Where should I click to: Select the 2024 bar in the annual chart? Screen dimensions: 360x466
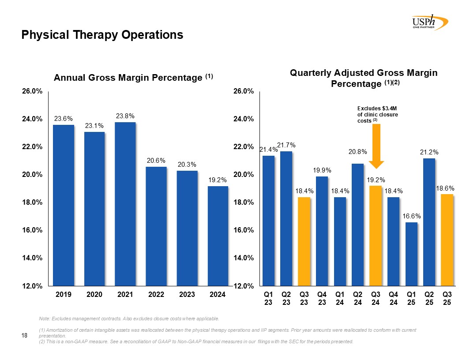218,236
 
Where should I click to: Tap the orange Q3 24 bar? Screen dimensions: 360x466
376,236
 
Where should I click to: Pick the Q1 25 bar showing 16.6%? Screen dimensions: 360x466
411,254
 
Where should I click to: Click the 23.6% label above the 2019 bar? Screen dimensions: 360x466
64,119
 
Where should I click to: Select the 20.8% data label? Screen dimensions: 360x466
357,152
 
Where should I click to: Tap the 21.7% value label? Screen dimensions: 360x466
286,145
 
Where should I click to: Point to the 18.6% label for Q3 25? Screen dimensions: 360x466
447,188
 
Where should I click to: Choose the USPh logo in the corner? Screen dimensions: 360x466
429,22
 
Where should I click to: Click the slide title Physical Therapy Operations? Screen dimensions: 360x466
102,35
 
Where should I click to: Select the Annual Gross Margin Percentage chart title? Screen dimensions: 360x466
133,78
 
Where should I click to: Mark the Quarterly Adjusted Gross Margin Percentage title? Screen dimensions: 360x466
364,78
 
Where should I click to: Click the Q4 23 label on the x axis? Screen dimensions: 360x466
322,298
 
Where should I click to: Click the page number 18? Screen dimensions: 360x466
25,336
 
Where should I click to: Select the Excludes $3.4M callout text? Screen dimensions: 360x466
377,114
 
